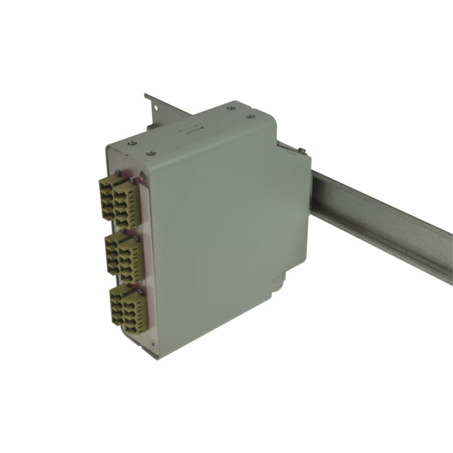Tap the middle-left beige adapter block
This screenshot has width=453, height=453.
(112, 249)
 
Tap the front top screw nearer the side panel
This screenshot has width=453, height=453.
(151, 153)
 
